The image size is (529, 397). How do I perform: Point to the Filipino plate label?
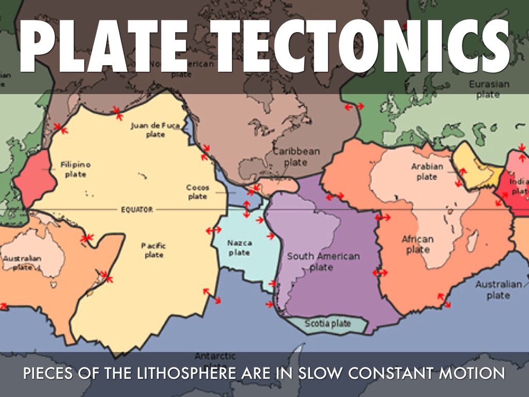point(75,170)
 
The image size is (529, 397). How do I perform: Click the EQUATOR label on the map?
point(136,209)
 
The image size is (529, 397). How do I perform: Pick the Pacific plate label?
point(153,250)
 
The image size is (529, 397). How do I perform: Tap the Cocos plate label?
point(197,192)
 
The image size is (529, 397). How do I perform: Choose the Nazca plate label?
point(239,247)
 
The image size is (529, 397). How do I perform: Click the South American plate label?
point(323,262)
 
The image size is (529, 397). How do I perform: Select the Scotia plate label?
point(328,324)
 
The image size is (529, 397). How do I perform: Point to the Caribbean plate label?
point(296,157)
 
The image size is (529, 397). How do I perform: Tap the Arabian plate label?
point(427,172)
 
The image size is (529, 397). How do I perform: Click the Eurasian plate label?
point(488,89)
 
